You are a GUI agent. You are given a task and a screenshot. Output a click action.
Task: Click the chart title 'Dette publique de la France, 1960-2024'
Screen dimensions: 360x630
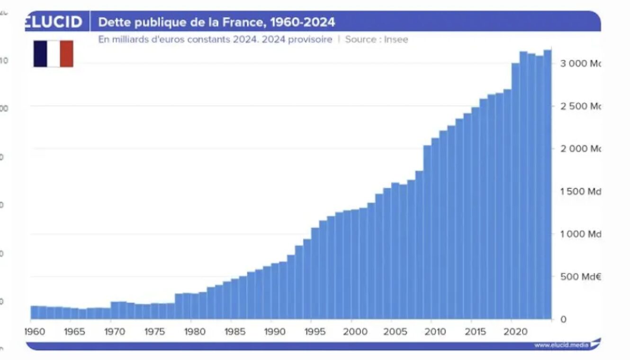(x=216, y=22)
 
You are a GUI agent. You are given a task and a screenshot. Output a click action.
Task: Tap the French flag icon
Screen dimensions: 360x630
(x=53, y=54)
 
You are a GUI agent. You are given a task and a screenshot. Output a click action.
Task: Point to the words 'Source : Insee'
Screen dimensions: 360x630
(x=376, y=39)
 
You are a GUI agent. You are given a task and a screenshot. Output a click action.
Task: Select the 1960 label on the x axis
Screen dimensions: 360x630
(x=35, y=332)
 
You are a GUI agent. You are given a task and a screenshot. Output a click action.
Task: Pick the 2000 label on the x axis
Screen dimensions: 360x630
(x=355, y=332)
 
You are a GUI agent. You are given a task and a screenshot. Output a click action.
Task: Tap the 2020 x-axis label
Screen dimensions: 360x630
(x=515, y=332)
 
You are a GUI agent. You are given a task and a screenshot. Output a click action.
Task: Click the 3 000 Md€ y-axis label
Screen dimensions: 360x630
(x=580, y=63)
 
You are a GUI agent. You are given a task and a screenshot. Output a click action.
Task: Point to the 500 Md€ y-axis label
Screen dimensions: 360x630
(x=580, y=277)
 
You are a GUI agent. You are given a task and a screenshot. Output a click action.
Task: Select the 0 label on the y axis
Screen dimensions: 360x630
(x=563, y=319)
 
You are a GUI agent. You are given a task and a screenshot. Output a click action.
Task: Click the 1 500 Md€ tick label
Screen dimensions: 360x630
(x=580, y=191)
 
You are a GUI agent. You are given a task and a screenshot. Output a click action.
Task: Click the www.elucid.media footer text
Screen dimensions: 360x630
(x=561, y=345)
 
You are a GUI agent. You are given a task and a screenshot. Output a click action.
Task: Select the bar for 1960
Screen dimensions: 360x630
(x=35, y=313)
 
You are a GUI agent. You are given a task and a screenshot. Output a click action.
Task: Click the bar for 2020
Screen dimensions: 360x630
(x=515, y=189)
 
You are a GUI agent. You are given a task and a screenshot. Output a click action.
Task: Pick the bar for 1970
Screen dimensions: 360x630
(x=115, y=310)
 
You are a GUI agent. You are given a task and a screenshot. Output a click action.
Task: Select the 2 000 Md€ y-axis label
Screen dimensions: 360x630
(x=580, y=149)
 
